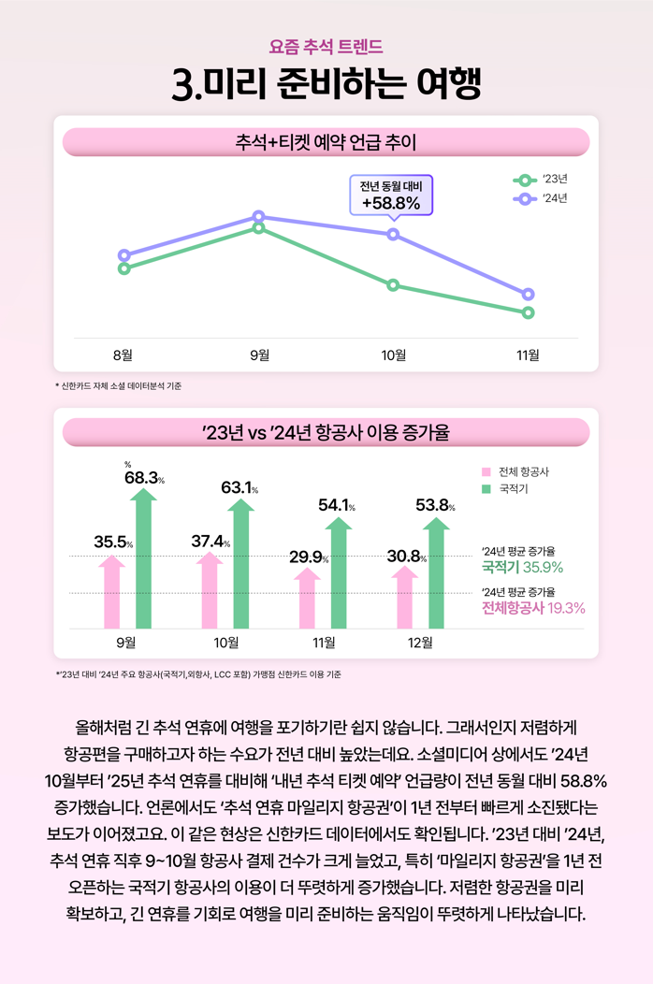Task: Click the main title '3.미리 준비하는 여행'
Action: (x=326, y=84)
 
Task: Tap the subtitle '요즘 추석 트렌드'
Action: (x=326, y=45)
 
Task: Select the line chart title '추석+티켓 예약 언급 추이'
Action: (x=326, y=142)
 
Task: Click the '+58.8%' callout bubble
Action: (x=391, y=195)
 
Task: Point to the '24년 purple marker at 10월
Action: (x=393, y=234)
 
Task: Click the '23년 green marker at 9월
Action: (x=258, y=227)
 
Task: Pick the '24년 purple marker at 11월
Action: (x=529, y=295)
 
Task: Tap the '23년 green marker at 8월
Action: (x=123, y=269)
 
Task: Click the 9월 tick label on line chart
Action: (x=258, y=355)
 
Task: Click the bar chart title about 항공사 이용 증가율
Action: (x=326, y=432)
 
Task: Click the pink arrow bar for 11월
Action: (x=307, y=599)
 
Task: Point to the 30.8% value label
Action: (x=406, y=557)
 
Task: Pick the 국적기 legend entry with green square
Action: (x=506, y=488)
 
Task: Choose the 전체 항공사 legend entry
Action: (x=515, y=471)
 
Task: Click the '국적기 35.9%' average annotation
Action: (x=522, y=567)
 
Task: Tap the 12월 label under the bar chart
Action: (x=421, y=643)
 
